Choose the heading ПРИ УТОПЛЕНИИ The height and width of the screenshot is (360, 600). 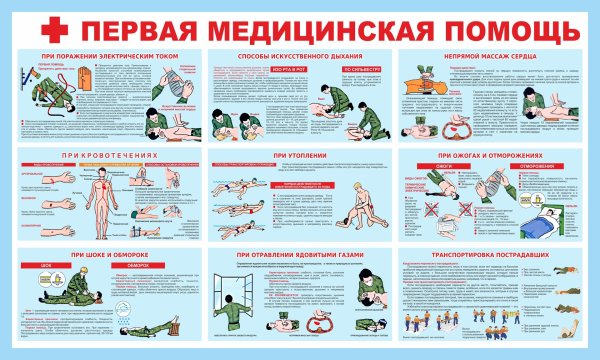pyautogui.click(x=297, y=156)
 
